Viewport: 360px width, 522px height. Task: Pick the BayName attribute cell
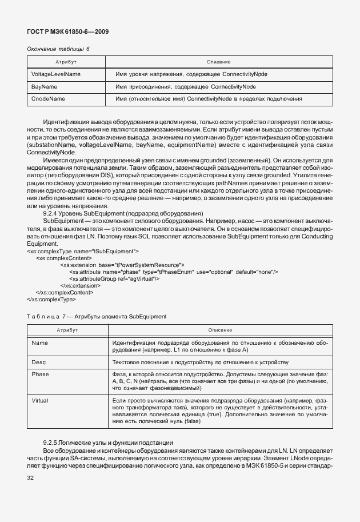tap(45, 87)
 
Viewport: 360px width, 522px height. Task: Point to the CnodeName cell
tap(49, 99)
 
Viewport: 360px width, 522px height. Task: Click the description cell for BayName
tap(185, 87)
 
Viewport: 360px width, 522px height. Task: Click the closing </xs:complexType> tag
tap(51, 299)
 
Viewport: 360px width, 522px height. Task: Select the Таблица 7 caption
tap(97, 316)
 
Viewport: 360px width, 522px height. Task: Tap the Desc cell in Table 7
tap(38, 362)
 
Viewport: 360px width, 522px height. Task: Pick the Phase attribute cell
tap(40, 374)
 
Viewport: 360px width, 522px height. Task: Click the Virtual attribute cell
tap(41, 400)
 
